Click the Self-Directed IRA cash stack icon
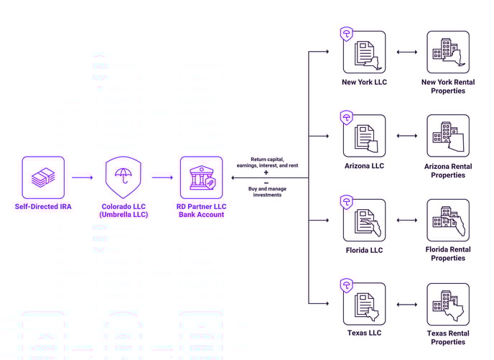tap(43, 177)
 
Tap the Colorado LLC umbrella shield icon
tap(124, 177)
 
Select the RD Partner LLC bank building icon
tap(201, 177)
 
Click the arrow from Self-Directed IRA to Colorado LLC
tap(83, 177)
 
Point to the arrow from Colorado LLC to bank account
tap(162, 177)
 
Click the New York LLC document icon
tap(364, 52)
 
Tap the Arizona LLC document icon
tap(364, 136)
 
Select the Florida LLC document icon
tap(364, 220)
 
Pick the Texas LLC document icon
tap(364, 304)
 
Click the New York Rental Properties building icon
tap(448, 52)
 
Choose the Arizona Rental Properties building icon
tap(448, 136)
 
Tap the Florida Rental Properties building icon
tap(448, 220)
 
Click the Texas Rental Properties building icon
tap(448, 304)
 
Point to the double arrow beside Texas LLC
tap(407, 305)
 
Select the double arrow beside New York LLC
tap(407, 52)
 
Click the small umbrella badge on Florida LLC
tap(347, 202)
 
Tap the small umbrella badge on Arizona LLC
tap(347, 118)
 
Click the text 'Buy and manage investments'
tap(267, 192)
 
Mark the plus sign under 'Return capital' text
tap(266, 172)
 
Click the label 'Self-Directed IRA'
tap(43, 206)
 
